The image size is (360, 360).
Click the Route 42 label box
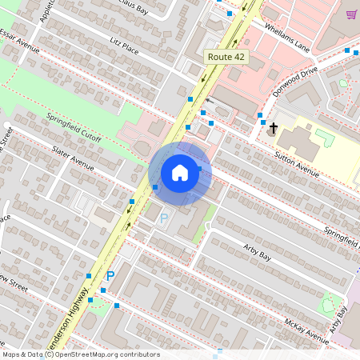(226, 57)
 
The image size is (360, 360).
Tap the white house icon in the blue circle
(180, 172)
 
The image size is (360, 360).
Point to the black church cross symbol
(273, 128)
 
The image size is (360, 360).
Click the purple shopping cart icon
(351, 14)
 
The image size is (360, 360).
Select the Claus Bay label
(132, 8)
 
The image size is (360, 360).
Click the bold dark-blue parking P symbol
(110, 276)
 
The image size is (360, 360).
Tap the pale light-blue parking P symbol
(164, 218)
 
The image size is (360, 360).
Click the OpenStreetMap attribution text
(80, 354)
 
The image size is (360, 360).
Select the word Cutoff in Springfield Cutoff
(90, 134)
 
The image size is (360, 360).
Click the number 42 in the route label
(239, 57)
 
